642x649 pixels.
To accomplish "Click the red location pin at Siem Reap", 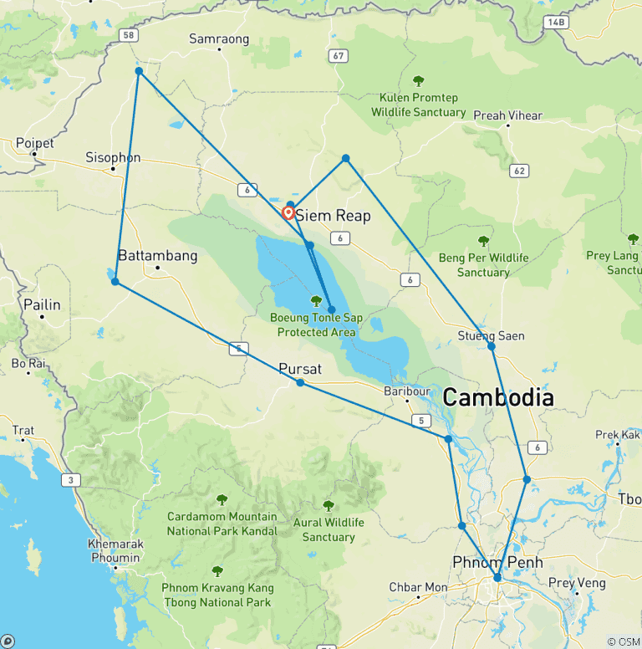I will [288, 212].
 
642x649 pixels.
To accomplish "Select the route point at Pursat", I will [300, 383].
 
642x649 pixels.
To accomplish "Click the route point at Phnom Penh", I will [497, 577].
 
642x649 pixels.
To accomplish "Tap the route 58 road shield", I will [128, 35].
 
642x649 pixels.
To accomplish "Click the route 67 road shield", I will [338, 56].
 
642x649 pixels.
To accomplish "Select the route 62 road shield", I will [519, 171].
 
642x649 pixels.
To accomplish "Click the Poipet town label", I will [34, 143].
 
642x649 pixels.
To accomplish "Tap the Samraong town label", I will [219, 38].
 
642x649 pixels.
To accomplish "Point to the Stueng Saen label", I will [492, 335].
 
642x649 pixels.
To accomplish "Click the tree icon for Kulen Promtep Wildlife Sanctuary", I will [419, 81].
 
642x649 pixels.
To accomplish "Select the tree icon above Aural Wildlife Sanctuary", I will [329, 506].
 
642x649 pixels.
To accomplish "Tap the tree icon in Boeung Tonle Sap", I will [316, 301].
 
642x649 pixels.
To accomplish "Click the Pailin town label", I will [42, 304].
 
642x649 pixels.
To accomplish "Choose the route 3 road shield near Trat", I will [69, 479].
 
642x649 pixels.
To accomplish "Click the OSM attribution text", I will [622, 641].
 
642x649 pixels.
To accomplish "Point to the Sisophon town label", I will [113, 157].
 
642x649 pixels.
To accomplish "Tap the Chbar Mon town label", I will [418, 587].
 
